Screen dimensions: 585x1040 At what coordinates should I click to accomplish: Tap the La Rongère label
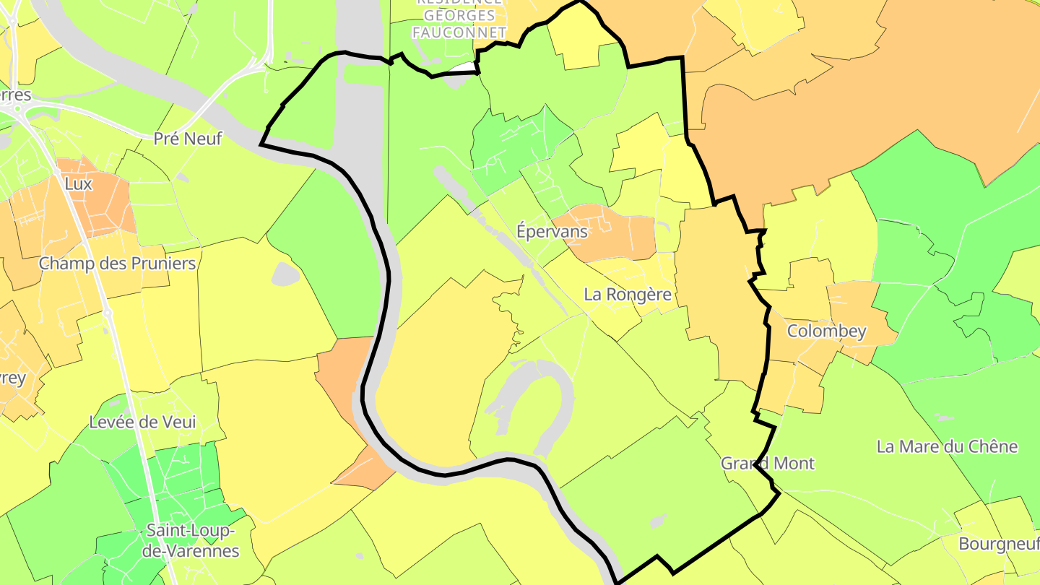pos(628,295)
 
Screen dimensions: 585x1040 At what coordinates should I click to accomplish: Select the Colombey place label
pos(826,331)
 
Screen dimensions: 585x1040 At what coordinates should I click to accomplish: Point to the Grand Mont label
pos(768,464)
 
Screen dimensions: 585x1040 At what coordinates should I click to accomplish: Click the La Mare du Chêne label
pos(947,446)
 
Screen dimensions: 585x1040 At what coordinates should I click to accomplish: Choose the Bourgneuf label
pos(998,544)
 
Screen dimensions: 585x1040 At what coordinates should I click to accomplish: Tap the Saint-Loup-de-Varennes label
pos(192,540)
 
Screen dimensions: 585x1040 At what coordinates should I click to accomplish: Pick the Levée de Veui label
pos(142,422)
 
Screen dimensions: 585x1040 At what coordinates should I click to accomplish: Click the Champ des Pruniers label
pos(117,263)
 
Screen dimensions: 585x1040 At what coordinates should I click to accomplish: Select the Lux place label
pos(78,184)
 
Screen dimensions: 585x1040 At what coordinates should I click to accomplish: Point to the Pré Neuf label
pos(188,139)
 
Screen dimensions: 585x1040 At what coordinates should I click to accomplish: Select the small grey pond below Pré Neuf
pos(285,274)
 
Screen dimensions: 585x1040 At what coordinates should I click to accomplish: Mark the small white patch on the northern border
pos(462,69)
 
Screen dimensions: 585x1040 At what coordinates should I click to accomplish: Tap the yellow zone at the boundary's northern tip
pos(578,40)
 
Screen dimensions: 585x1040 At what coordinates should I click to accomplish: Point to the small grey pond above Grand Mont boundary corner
pos(658,520)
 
